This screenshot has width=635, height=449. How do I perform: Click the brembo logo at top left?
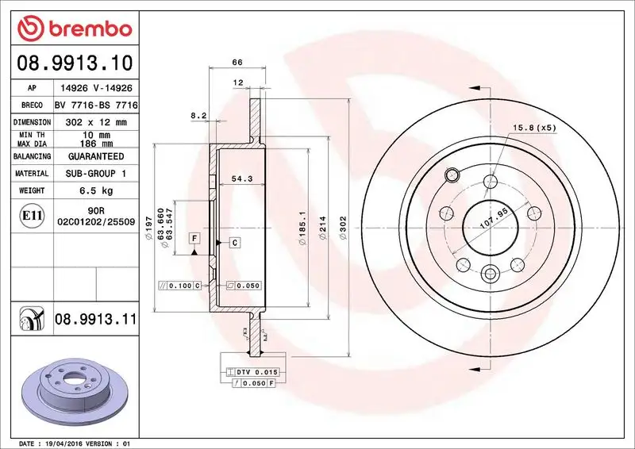coord(74,29)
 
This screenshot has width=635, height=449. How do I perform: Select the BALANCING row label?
coord(33,156)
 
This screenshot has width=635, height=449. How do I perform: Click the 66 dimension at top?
coord(236,61)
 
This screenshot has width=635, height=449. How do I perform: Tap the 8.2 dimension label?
coord(199,116)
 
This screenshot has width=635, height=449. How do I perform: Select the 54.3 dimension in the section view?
coord(241,179)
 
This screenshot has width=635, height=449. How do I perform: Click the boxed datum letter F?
coord(194,238)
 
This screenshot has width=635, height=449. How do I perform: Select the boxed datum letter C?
coord(236,241)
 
